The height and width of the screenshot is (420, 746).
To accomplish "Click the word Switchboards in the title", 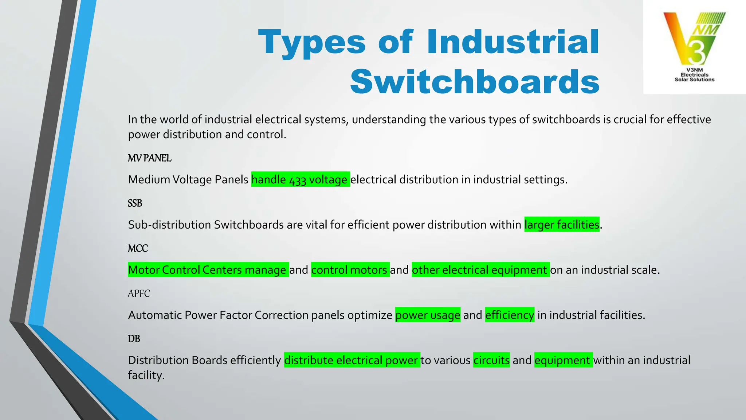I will point(475,82).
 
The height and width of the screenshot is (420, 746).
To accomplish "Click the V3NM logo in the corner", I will point(694,47).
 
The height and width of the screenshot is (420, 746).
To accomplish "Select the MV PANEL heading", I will point(149,158).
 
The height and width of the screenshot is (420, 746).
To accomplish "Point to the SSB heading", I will point(135,203).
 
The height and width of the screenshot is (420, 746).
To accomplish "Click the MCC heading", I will point(138,249).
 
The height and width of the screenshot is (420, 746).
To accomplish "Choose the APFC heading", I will point(139,294).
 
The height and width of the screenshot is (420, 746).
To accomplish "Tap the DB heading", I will point(134,339).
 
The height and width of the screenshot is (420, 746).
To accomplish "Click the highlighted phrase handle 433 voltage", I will point(300,179).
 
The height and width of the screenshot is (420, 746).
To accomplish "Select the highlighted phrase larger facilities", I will point(562,225).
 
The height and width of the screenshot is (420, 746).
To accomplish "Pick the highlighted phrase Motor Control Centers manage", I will point(208,270).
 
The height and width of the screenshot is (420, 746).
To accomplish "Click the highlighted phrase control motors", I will point(350,270).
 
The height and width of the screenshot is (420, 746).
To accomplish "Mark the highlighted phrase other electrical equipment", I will point(480,270).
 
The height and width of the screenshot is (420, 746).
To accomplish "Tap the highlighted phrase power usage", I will point(428,315).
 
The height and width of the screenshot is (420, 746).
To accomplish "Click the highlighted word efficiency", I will point(510,315).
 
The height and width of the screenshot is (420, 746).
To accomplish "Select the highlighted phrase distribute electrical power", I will point(352,360).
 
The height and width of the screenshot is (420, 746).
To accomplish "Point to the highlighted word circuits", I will point(491,360).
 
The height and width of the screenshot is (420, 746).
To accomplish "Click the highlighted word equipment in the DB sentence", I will point(563,360).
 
